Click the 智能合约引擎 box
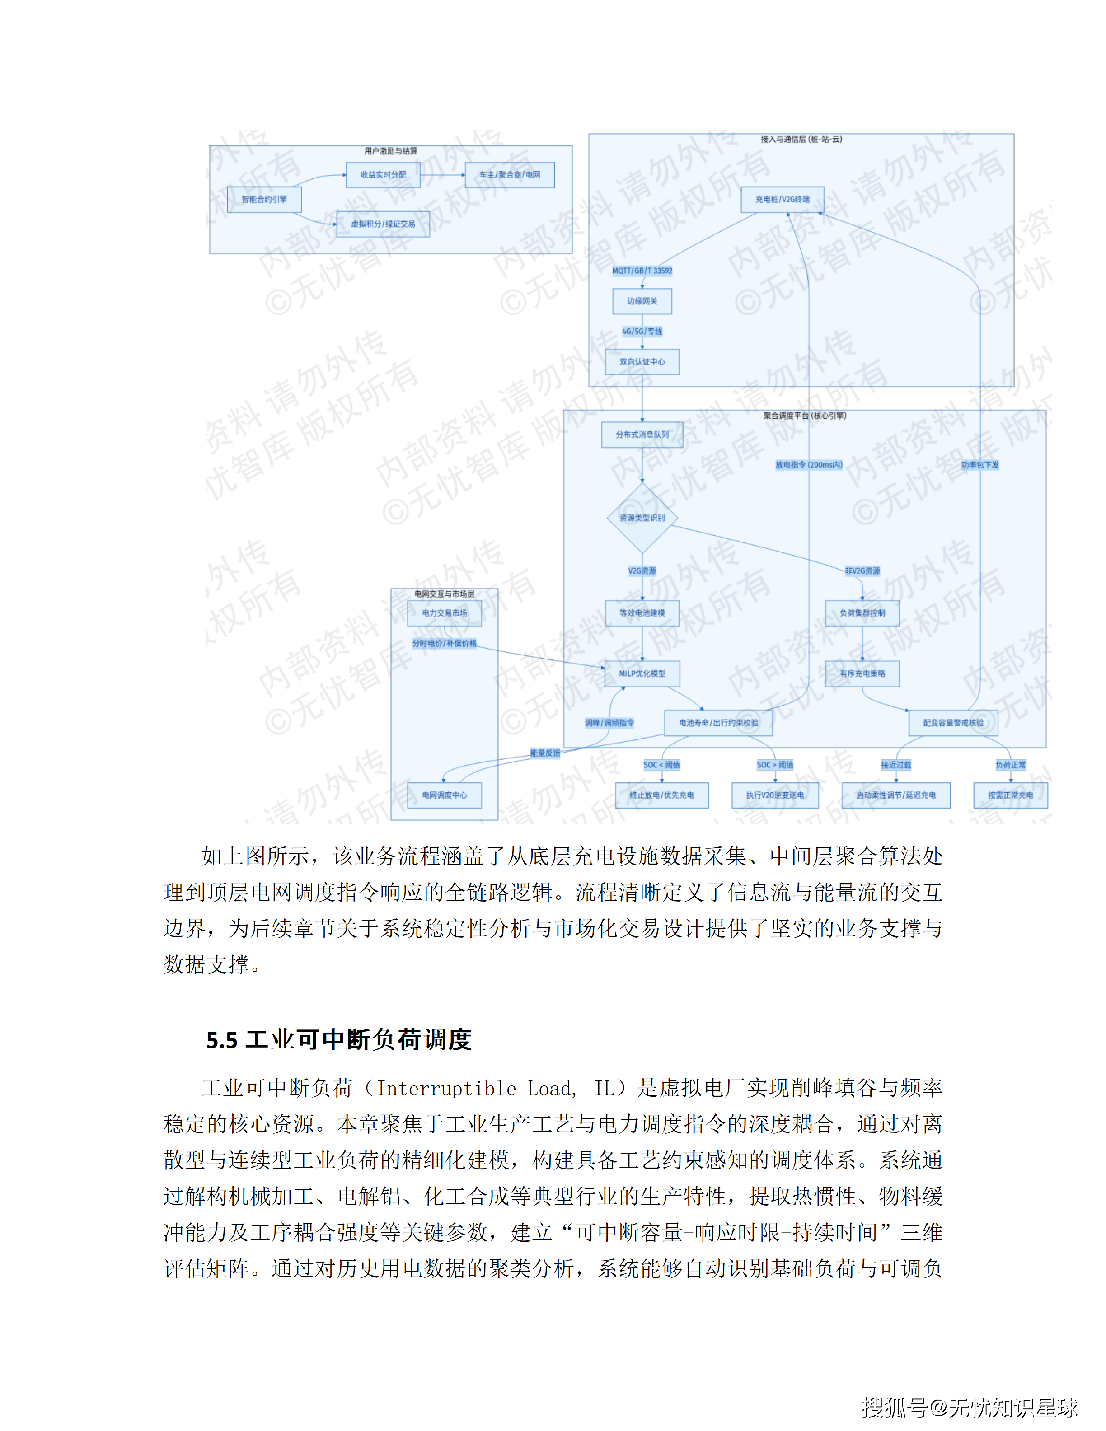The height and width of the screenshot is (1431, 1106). click(264, 199)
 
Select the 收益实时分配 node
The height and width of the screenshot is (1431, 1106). click(383, 175)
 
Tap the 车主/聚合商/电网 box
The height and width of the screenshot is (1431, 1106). click(510, 175)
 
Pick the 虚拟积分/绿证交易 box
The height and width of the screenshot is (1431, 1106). click(383, 224)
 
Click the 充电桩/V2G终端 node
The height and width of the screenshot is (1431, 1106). click(783, 199)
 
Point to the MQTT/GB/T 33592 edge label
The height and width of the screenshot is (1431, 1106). click(642, 271)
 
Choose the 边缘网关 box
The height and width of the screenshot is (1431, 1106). click(642, 301)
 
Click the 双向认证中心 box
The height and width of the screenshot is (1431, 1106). click(642, 362)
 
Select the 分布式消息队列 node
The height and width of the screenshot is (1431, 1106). click(642, 435)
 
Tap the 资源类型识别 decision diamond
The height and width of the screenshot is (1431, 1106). click(642, 518)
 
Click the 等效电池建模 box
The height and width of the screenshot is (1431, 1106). click(642, 613)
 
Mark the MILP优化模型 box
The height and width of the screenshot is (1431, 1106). click(642, 673)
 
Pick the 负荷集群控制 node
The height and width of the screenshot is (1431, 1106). click(862, 613)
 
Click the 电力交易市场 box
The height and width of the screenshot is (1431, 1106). click(444, 613)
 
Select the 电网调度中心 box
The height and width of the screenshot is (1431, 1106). click(444, 795)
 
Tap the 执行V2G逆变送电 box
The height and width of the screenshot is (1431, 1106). click(775, 795)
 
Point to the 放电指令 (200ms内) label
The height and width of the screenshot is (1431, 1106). click(809, 464)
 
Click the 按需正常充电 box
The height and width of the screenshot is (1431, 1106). click(1010, 795)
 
